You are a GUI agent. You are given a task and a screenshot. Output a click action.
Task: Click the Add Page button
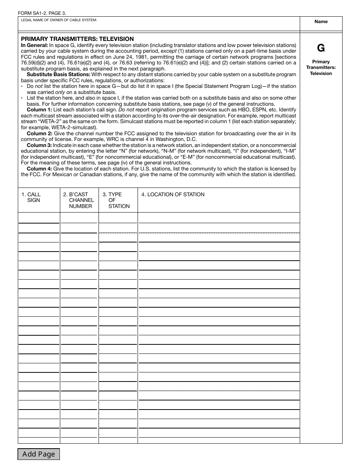(x=39, y=454)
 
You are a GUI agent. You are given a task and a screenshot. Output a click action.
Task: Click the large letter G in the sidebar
(x=321, y=48)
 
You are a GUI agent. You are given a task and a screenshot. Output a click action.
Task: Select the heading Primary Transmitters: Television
(x=77, y=39)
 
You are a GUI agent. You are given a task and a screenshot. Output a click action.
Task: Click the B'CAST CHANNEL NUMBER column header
(x=79, y=200)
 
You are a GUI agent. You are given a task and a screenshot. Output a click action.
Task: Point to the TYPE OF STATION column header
(x=116, y=200)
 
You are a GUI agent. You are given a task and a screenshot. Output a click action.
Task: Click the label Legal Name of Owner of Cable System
(x=59, y=20)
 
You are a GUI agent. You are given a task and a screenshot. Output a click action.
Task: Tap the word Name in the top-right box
(x=321, y=22)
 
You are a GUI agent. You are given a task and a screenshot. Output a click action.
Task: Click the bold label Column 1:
(x=39, y=110)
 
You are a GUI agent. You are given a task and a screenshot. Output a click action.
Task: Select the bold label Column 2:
(x=39, y=134)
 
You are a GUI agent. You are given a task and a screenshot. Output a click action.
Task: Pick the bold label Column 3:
(x=39, y=145)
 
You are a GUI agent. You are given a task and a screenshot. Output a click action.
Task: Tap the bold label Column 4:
(x=39, y=169)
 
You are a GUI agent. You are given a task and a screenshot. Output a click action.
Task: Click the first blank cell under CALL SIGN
(x=39, y=218)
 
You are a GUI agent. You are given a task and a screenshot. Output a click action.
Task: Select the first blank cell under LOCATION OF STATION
(x=219, y=218)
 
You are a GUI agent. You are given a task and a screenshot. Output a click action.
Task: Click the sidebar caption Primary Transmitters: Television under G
(x=321, y=67)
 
